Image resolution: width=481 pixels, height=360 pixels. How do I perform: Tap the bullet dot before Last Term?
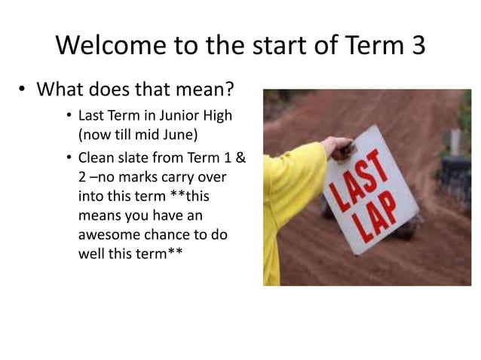point(68,119)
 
